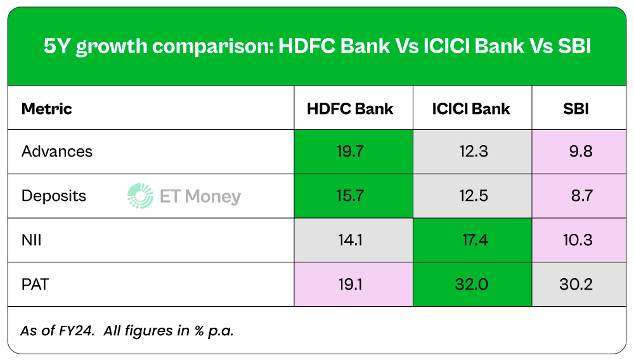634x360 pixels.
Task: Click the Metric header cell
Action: (47, 108)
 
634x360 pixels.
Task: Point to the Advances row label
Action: (57, 151)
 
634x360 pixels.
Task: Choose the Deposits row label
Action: (54, 196)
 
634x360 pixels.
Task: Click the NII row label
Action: (31, 240)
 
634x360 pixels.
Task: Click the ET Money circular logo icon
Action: (140, 196)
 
